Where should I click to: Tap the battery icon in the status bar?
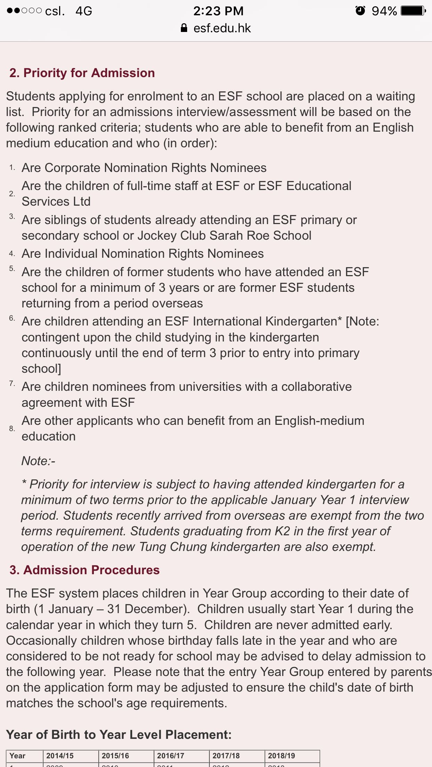click(x=413, y=11)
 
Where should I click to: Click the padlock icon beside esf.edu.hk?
click(x=184, y=28)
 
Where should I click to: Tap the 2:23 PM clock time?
click(x=218, y=11)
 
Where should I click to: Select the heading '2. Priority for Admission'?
click(x=82, y=73)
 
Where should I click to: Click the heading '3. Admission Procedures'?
click(x=85, y=570)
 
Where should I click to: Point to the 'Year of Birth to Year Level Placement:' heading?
click(x=119, y=735)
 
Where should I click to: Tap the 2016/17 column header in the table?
click(x=170, y=756)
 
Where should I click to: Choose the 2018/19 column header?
click(x=281, y=756)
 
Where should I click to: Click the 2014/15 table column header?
click(x=60, y=756)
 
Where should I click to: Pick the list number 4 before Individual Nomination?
click(x=12, y=254)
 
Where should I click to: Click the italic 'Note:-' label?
click(x=38, y=461)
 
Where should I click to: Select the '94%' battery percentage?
click(x=384, y=11)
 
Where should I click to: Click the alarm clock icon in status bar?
click(x=360, y=11)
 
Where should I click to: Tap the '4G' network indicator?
click(x=84, y=11)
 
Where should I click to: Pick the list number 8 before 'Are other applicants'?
click(x=12, y=429)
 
